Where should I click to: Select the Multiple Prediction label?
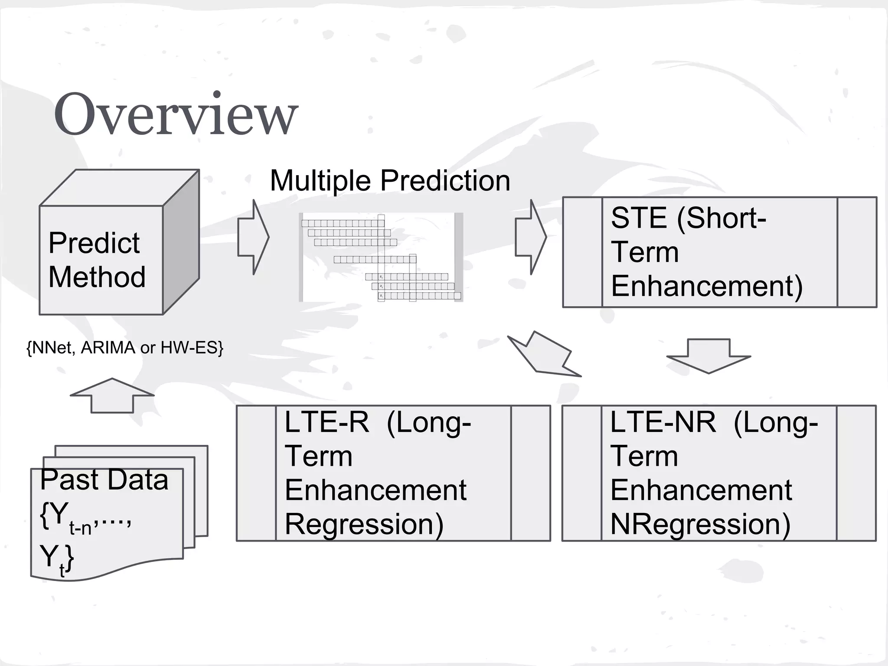tap(390, 180)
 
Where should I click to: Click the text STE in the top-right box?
tap(638, 218)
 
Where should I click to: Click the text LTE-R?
tap(326, 422)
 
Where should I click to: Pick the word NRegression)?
tap(700, 524)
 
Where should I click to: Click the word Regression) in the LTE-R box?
tap(364, 524)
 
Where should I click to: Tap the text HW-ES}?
tap(192, 348)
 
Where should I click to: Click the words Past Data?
tap(104, 480)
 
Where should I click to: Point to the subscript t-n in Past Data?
tap(80, 528)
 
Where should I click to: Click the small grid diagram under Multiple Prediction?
tap(381, 257)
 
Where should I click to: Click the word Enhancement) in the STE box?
tap(707, 286)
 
